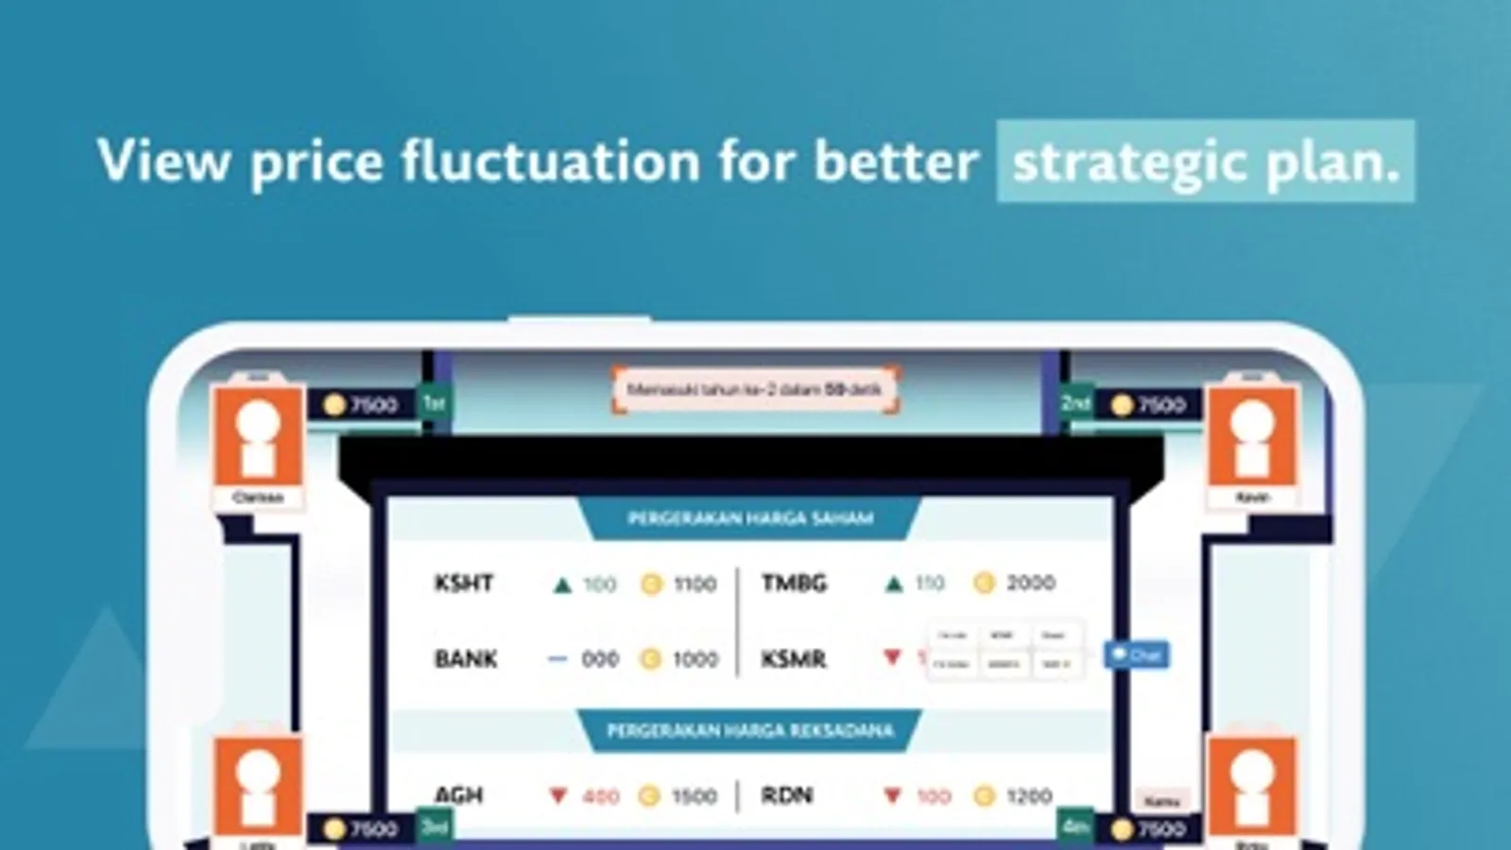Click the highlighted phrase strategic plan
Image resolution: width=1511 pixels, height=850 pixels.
(1205, 161)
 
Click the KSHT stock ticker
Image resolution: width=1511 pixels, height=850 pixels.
(464, 584)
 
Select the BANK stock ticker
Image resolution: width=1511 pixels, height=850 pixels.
(466, 659)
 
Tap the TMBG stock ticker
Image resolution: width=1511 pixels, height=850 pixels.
(794, 584)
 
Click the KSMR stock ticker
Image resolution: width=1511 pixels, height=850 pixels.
(794, 659)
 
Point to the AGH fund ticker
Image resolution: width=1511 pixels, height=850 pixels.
(459, 796)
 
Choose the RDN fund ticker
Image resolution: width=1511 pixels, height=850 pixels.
(786, 796)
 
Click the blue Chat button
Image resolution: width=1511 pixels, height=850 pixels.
(1137, 654)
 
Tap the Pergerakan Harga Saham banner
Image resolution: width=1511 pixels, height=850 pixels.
(750, 518)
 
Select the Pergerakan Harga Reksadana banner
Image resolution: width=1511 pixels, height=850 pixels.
(750, 731)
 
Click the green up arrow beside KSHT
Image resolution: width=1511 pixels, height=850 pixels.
(562, 586)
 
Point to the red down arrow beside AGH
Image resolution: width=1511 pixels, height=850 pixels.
(558, 797)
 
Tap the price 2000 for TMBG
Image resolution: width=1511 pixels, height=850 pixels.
(1030, 584)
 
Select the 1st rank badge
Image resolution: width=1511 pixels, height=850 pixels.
(434, 403)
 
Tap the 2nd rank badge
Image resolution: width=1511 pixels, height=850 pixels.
(1075, 403)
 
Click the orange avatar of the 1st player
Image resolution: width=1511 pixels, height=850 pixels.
(258, 435)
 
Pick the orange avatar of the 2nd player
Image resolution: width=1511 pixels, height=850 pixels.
(1252, 435)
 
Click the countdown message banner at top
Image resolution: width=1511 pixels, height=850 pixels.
(754, 390)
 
